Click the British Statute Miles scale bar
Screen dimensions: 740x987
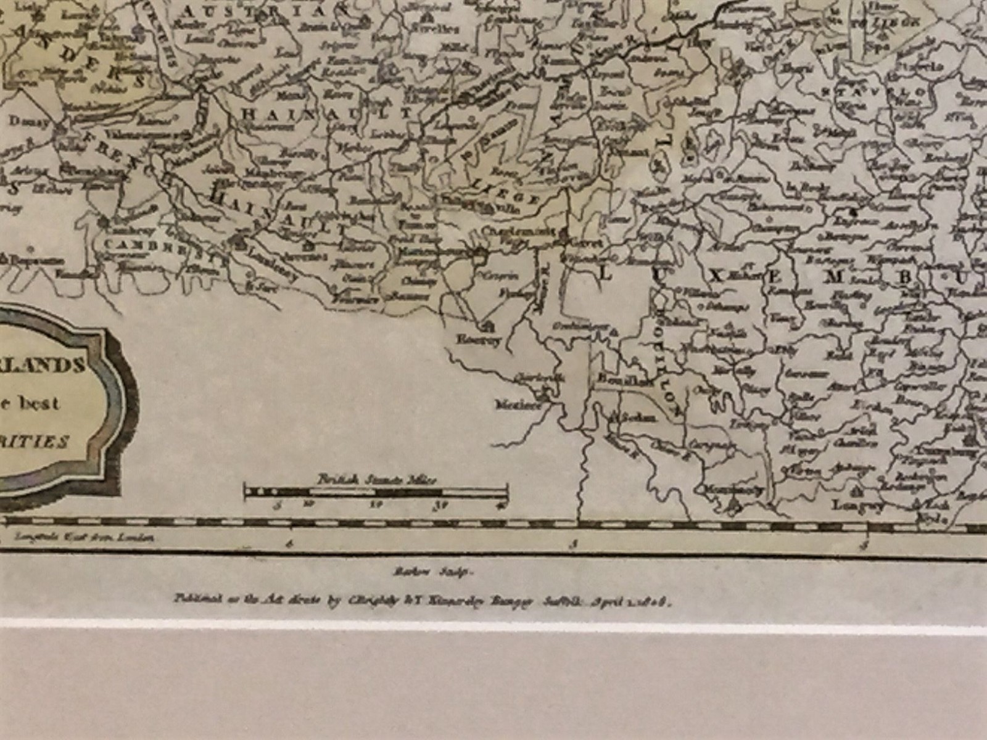click(x=376, y=492)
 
